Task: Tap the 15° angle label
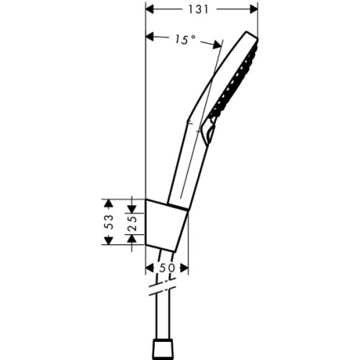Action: pos(184,41)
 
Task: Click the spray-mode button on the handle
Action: pos(208,131)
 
